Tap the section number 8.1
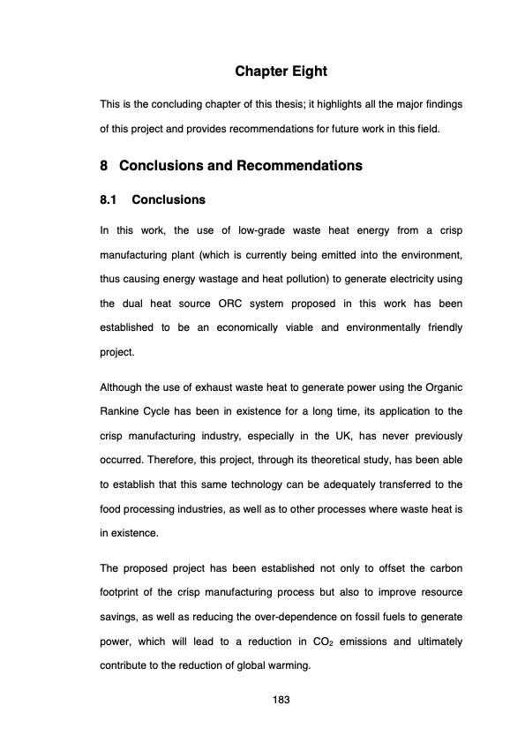(x=110, y=199)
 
